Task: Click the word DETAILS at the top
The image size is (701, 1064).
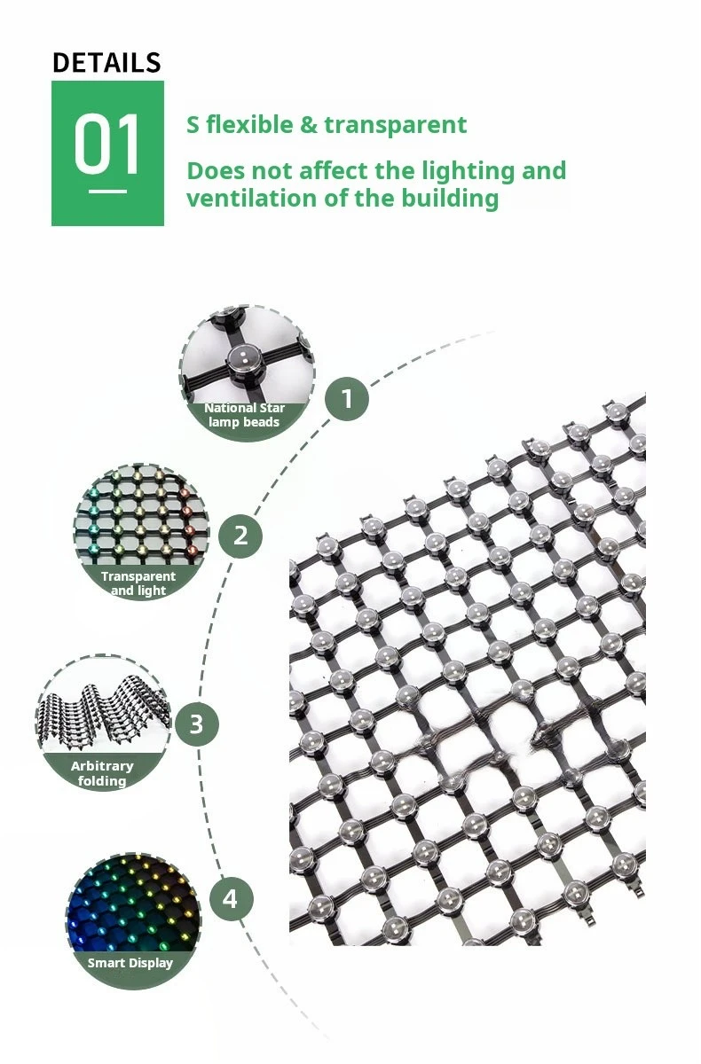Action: (x=106, y=63)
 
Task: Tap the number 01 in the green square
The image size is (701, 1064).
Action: (x=107, y=145)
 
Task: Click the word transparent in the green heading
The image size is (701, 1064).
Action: (x=395, y=125)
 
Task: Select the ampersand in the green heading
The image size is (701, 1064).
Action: (x=308, y=125)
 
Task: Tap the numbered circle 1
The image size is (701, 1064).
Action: (x=346, y=399)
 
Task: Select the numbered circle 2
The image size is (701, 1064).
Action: (x=240, y=536)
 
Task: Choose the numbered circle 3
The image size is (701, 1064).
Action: (x=196, y=724)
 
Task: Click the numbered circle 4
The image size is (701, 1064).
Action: (x=231, y=899)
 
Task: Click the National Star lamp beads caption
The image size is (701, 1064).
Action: (x=244, y=415)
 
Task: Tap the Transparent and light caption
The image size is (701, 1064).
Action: (x=138, y=583)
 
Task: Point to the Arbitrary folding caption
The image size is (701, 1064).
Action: (x=102, y=772)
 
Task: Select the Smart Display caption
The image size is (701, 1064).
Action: (x=130, y=963)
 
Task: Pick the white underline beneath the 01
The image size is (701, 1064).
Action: (x=107, y=191)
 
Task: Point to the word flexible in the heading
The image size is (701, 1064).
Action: (x=249, y=125)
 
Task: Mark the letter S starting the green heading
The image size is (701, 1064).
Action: (x=193, y=125)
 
